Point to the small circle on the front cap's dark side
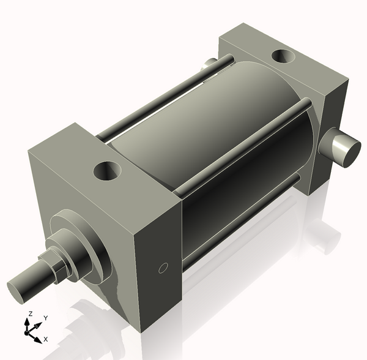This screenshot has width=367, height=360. point(163,267)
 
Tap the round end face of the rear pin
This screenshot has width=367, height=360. point(349,152)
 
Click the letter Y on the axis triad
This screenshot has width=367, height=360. point(45,318)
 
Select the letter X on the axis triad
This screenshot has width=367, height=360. point(46,339)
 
